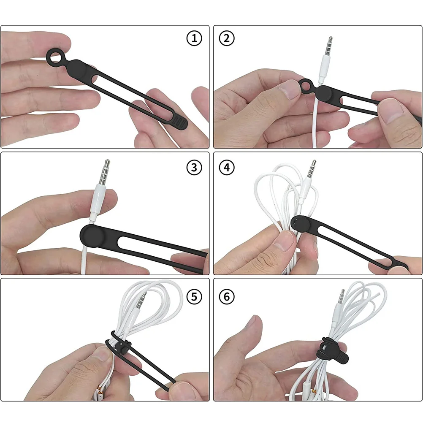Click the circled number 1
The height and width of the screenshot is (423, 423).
194,39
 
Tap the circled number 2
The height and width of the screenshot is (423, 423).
227,39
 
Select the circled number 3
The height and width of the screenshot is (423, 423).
194,168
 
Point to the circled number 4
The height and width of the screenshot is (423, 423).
227,168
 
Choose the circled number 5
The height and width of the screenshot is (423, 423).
194,296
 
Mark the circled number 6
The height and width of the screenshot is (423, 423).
227,296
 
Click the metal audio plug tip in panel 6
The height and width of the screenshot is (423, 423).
341,297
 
